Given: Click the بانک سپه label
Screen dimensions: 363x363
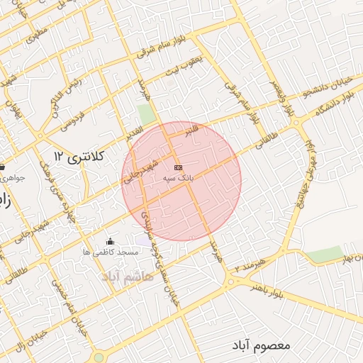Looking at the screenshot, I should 177,179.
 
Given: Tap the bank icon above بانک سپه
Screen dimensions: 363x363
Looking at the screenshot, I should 177,168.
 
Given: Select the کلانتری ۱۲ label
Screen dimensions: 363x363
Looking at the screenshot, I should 79,155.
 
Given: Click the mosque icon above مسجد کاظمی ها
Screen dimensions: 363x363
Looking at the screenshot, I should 108,242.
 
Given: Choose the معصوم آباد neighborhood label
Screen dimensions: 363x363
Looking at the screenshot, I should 262,345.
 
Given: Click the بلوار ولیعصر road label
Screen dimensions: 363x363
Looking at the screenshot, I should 289,100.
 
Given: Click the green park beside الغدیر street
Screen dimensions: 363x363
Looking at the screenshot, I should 147,113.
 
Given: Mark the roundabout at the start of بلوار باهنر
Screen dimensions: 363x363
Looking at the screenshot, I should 231,281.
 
